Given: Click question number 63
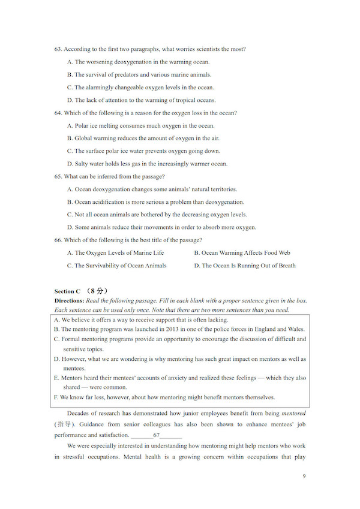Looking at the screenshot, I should click(58, 49).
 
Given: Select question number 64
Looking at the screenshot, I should click(58, 113).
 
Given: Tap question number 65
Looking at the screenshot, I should click(58, 176).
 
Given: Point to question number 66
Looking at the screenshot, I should click(58, 240).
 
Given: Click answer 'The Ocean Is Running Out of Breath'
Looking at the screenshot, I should click(245, 266).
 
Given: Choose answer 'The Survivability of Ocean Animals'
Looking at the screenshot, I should click(117, 266).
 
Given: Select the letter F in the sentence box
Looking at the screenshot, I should click(56, 397).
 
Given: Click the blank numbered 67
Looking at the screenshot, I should click(157, 435).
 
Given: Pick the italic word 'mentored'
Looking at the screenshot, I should click(293, 414).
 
